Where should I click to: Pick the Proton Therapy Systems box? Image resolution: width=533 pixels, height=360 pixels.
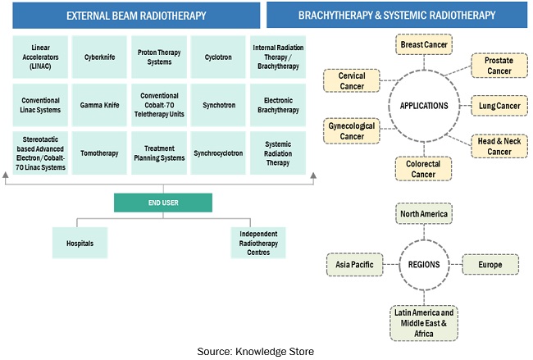159,58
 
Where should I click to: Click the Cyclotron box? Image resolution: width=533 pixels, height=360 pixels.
218,58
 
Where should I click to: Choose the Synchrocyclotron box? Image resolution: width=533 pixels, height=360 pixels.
218,153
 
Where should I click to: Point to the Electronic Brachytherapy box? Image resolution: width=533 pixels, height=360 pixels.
277,105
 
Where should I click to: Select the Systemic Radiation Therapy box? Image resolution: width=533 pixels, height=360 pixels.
277,153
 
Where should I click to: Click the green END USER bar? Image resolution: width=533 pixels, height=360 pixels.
162,203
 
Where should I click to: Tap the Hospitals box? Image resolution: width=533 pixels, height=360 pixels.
80,244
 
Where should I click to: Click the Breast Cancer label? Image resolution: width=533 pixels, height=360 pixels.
423,44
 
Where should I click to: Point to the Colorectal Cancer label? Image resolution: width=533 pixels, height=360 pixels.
423,168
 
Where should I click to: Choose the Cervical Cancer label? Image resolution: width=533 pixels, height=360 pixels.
352,81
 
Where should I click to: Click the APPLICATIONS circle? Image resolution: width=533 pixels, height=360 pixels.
423,106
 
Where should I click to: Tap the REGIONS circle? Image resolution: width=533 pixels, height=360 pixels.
423,265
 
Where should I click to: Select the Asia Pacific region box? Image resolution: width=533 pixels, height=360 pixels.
353,265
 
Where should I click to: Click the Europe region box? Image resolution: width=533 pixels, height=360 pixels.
490,265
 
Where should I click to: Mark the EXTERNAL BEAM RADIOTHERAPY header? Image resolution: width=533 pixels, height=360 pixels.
136,16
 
